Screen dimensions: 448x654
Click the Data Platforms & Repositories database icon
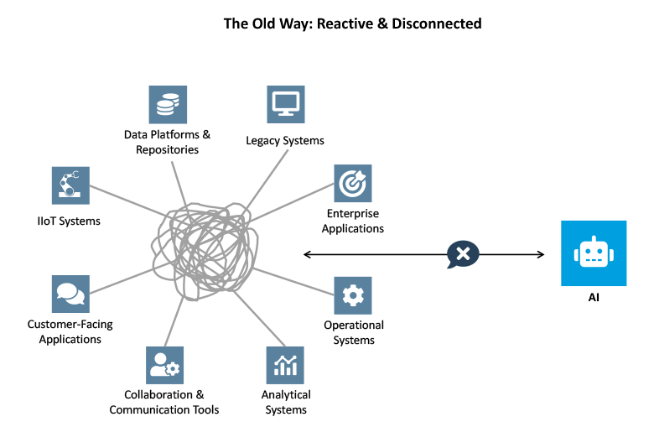point(168,104)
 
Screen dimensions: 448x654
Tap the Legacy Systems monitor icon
point(286,104)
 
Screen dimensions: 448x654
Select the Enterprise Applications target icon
point(353,183)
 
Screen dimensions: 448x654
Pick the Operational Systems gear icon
point(353,295)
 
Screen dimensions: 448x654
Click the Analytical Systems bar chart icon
point(286,365)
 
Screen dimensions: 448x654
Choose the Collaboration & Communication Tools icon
point(164,365)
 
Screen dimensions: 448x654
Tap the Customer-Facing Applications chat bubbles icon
point(70,294)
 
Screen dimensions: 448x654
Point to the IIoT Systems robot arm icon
point(70,185)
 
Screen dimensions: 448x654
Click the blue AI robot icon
point(594,253)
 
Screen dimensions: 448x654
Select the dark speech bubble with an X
point(464,254)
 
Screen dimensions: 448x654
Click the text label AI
point(594,297)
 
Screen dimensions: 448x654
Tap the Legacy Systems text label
point(285,140)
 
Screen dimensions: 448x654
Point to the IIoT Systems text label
point(69,221)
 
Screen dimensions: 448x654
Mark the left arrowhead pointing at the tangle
point(307,254)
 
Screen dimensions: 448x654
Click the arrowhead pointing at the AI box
point(541,254)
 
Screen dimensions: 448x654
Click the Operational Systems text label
point(354,332)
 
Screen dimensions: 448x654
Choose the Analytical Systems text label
point(286,402)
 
